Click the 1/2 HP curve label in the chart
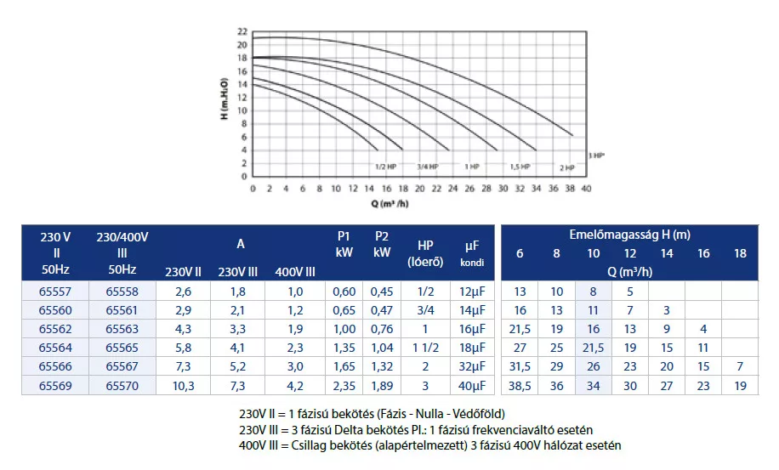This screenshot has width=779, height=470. (385, 167)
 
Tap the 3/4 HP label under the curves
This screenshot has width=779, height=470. (427, 167)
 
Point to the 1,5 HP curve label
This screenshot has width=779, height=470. (520, 167)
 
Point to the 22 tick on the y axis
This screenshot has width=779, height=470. (242, 31)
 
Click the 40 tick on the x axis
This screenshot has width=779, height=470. (586, 189)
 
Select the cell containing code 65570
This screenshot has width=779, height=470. (122, 385)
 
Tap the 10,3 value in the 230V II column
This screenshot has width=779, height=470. (183, 385)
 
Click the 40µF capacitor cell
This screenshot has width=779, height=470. (473, 385)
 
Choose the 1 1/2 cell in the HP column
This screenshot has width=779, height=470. (425, 348)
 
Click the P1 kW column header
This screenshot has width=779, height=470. (344, 245)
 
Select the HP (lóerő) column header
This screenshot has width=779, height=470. (425, 252)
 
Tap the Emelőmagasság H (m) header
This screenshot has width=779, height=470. (629, 234)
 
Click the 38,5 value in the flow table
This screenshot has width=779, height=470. (520, 385)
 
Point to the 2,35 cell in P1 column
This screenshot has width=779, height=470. (344, 385)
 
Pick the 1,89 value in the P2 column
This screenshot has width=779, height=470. (382, 385)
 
